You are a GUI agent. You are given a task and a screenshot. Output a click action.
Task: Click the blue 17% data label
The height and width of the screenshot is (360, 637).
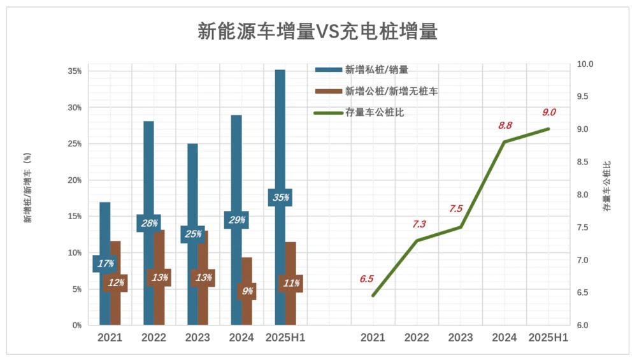tap(105, 263)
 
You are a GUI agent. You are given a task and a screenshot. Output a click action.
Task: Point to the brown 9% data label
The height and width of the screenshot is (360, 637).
tap(247, 291)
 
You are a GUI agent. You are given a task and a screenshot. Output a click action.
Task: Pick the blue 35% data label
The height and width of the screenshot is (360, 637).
tap(280, 198)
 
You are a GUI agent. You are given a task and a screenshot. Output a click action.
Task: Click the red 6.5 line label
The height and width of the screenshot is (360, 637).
tap(366, 278)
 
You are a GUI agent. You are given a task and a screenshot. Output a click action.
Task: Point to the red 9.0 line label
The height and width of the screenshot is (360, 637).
tap(549, 112)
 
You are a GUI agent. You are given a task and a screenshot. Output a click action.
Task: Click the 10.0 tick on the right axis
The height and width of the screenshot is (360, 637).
tap(585, 64)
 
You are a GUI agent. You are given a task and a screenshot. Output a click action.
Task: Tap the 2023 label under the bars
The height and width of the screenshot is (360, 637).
tap(197, 338)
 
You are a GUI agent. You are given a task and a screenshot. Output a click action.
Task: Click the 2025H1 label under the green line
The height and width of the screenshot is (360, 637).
tap(548, 338)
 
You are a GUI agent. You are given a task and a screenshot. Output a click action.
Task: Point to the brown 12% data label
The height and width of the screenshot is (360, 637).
tap(115, 283)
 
